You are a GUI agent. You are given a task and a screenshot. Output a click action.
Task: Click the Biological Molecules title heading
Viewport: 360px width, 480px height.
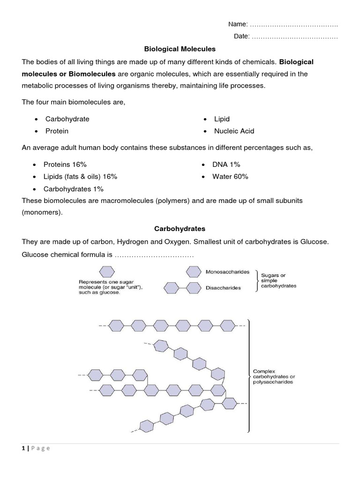pos(180,48)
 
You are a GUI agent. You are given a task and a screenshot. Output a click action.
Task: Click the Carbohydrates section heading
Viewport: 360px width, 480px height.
pos(180,229)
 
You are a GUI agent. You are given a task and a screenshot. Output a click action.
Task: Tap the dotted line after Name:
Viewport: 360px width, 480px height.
pos(293,24)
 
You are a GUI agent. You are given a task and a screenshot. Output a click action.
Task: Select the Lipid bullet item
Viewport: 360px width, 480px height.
pos(222,119)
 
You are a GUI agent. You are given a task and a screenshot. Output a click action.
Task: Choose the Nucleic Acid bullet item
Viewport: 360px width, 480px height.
pos(234,131)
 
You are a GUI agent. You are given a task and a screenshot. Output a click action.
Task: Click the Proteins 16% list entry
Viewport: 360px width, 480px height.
pos(65,165)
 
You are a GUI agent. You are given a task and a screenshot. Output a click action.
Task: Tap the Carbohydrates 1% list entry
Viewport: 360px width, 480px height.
pos(73,189)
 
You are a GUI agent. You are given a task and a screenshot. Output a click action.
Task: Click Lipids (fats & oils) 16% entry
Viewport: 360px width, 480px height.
pos(80,177)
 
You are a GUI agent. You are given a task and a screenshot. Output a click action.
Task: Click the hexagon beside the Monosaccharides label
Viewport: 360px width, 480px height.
pos(194,272)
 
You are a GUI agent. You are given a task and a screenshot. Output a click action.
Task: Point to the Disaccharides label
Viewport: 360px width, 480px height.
pos(223,288)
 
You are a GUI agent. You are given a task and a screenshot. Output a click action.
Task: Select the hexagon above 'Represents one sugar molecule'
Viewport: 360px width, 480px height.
pos(106,272)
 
